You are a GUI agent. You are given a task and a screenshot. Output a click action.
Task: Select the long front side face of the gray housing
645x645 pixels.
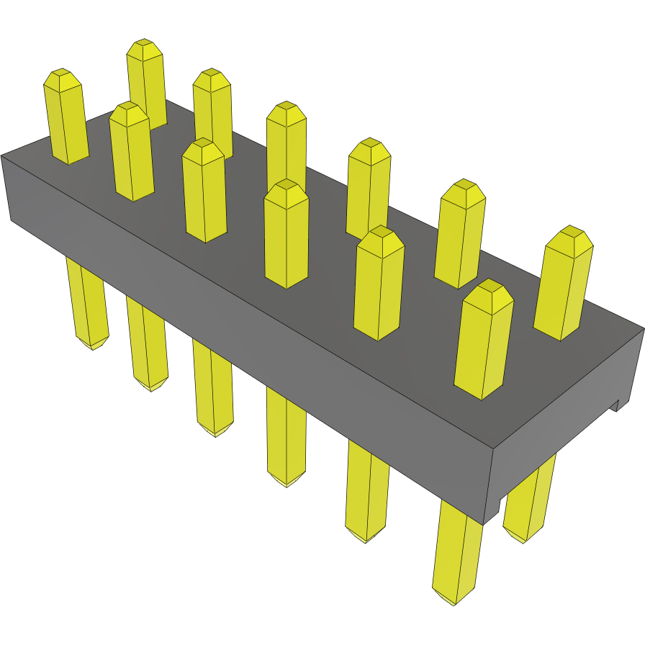245,302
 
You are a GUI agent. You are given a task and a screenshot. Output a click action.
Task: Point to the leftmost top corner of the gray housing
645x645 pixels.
2,155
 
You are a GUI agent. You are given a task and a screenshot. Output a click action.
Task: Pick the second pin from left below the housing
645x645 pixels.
148,346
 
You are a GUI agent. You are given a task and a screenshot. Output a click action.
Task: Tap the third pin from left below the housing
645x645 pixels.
214,392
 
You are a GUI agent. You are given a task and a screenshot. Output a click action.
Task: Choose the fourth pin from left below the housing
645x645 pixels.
287,439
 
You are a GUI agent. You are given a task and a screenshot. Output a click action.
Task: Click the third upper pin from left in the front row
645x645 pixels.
204,191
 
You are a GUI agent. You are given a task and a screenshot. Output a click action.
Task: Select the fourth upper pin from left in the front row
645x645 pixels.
286,234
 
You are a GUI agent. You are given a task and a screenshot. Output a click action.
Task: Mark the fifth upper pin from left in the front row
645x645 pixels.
379,284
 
